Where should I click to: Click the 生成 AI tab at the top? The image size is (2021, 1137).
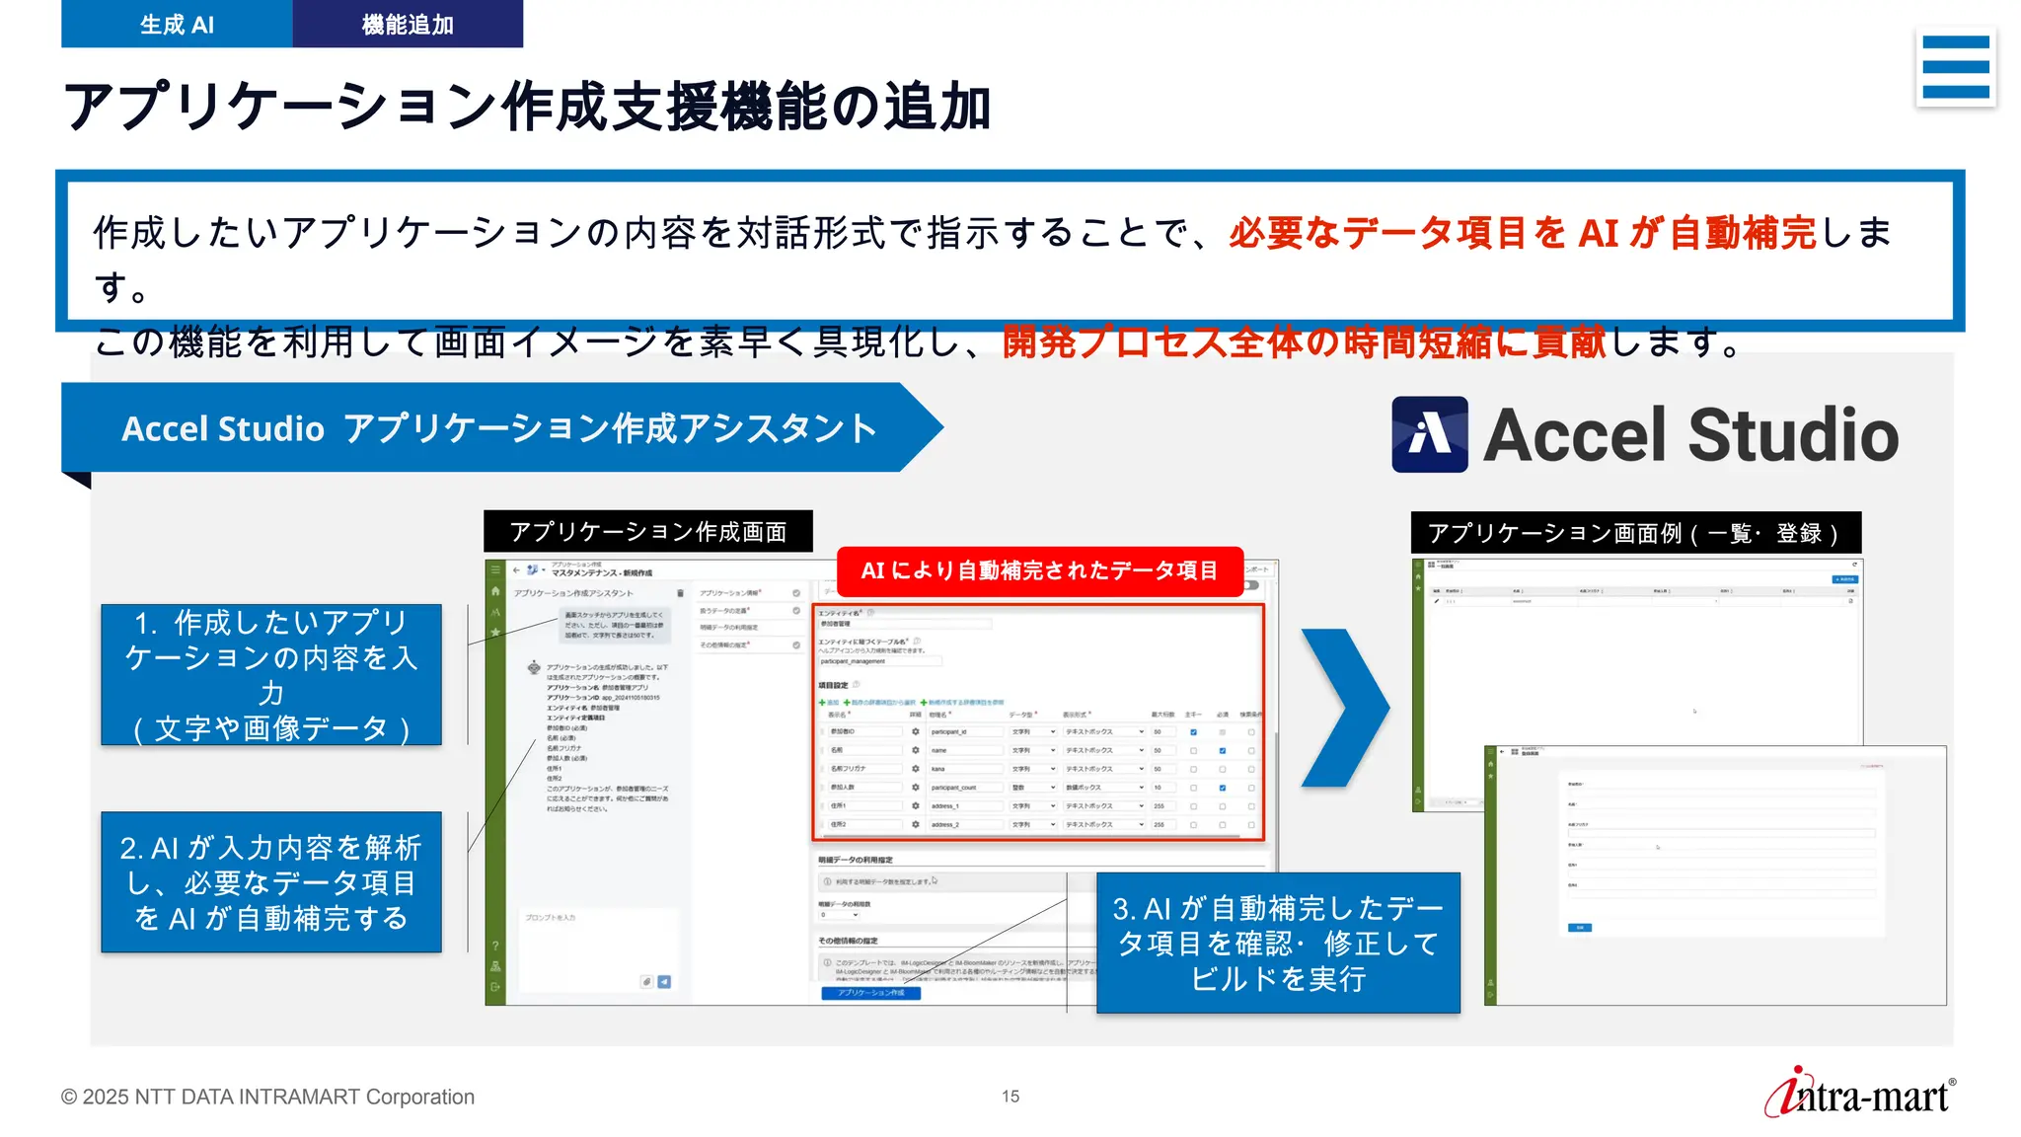177,24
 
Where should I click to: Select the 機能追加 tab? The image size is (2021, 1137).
408,24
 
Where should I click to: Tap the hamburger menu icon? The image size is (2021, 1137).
1955,67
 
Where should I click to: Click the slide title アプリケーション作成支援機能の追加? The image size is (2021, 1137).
527,107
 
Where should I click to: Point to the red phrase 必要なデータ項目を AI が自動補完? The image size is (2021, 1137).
1522,233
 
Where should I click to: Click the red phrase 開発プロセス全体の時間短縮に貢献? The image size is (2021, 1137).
1304,342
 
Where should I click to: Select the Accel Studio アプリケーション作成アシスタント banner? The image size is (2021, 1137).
498,428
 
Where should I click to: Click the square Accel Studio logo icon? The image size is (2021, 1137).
1429,434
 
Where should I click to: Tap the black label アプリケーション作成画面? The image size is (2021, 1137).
647,532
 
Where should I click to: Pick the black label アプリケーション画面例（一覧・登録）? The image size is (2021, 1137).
1635,533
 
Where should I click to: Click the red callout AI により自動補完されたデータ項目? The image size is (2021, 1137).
1039,570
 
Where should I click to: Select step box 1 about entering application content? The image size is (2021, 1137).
271,675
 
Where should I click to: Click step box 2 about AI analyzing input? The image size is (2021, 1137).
271,882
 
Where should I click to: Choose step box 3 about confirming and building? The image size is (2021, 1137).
1278,943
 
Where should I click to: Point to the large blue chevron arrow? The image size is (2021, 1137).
1344,708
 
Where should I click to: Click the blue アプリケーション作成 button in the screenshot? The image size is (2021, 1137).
870,993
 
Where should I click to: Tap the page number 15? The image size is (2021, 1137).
1010,1097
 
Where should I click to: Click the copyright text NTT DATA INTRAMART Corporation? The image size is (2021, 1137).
267,1097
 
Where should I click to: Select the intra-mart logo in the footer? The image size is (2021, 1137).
1859,1094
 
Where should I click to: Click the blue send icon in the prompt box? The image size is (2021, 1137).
664,982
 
